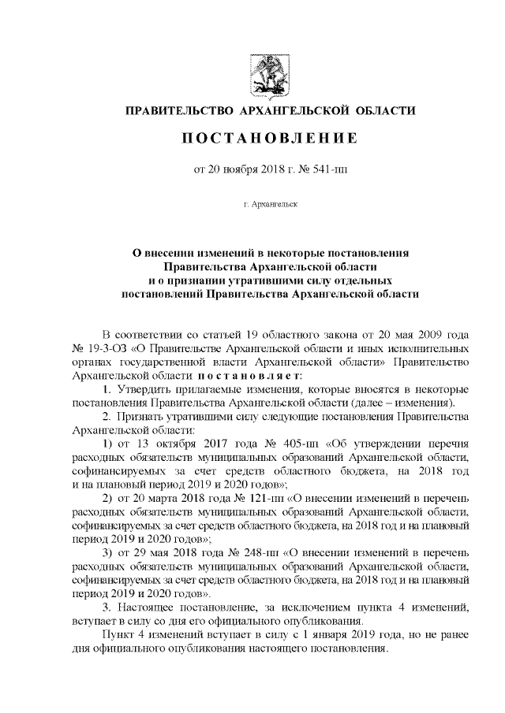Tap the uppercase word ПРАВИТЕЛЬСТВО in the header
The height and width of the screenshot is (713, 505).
click(177, 109)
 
